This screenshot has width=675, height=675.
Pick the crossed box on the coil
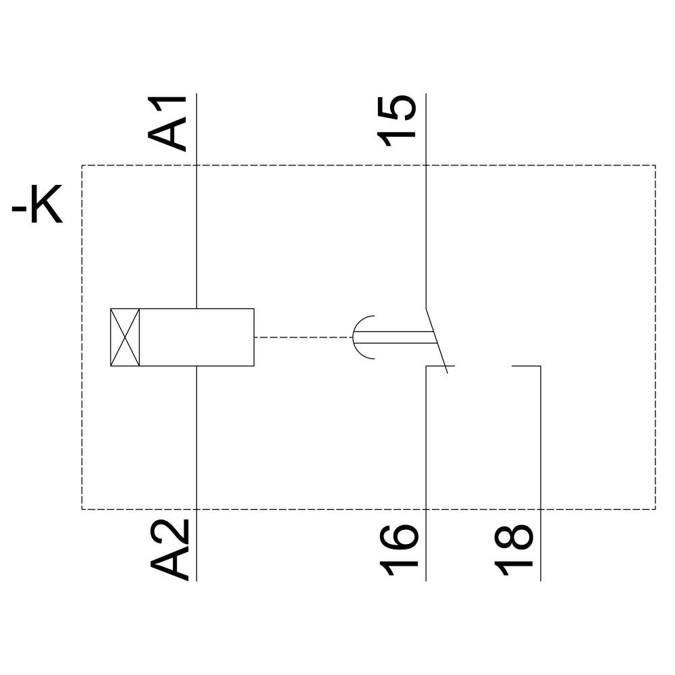tap(125, 337)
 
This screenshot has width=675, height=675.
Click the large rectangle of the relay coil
tap(196, 337)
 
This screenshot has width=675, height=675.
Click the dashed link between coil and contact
tap(303, 337)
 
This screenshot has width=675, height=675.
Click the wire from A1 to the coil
tap(196, 236)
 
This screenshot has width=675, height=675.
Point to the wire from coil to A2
tap(196, 439)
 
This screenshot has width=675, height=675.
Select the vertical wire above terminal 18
tap(541, 439)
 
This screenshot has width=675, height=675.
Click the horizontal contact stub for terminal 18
tap(526, 366)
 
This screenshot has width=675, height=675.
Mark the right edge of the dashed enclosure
tap(655, 337)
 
